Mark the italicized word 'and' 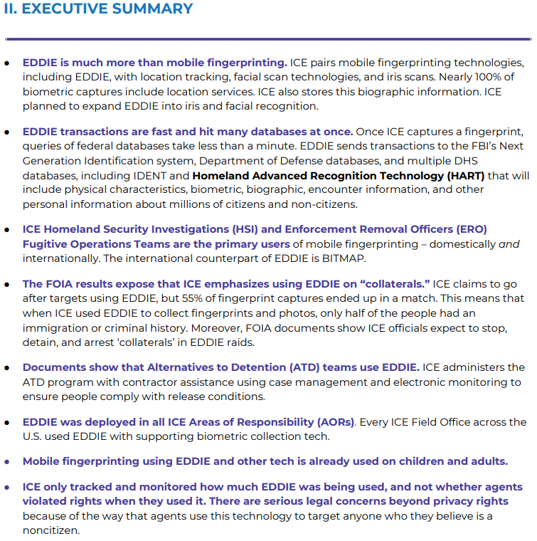(509, 243)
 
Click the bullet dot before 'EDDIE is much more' (7, 63)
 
